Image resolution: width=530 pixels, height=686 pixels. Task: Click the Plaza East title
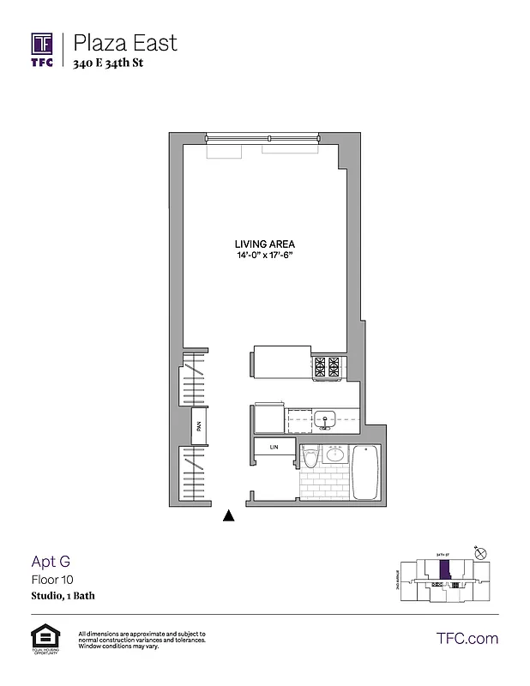tap(125, 41)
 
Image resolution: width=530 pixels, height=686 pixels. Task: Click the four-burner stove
tap(327, 366)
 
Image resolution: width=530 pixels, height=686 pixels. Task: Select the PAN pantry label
tap(197, 424)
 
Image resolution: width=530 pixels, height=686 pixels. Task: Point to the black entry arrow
tap(228, 515)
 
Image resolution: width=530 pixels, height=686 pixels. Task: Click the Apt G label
tap(51, 563)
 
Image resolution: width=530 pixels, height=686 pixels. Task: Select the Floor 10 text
tap(52, 580)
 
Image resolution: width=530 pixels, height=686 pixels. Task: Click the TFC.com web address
tap(467, 638)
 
